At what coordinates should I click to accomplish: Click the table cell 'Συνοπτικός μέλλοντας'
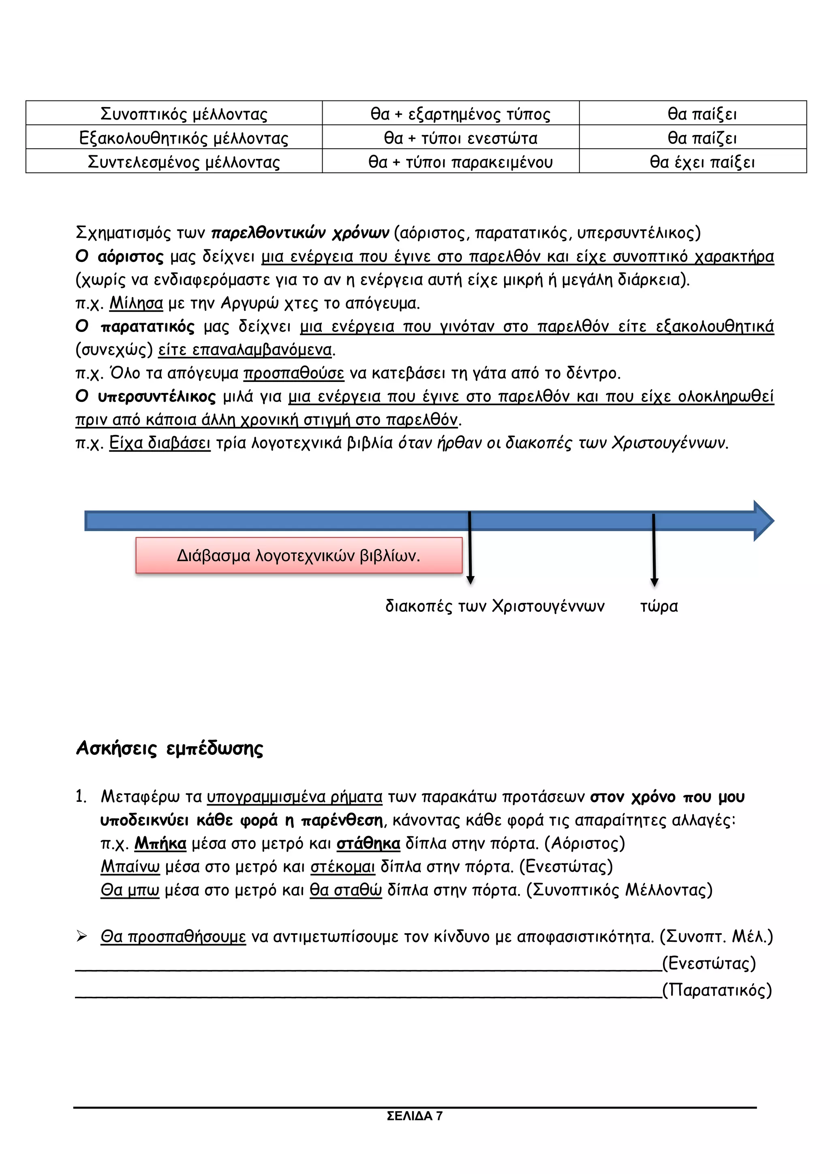pyautogui.click(x=184, y=114)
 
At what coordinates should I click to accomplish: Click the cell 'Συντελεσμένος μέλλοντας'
pyautogui.click(x=184, y=162)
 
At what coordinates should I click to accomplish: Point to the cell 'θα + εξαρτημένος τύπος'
pyautogui.click(x=460, y=114)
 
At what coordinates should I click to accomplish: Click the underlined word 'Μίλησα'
pyautogui.click(x=136, y=303)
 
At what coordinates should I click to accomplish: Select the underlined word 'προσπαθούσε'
pyautogui.click(x=293, y=373)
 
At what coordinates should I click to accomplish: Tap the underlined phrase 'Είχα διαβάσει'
pyautogui.click(x=159, y=442)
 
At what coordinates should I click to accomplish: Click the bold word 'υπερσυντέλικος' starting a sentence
pyautogui.click(x=156, y=396)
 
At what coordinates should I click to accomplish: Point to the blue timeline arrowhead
pyautogui.click(x=764, y=521)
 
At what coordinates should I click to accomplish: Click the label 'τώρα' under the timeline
pyautogui.click(x=659, y=606)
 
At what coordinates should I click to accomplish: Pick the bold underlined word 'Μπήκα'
pyautogui.click(x=160, y=843)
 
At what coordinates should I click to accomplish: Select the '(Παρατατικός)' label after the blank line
pyautogui.click(x=717, y=990)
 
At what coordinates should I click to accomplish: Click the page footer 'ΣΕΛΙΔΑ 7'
pyautogui.click(x=415, y=1116)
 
